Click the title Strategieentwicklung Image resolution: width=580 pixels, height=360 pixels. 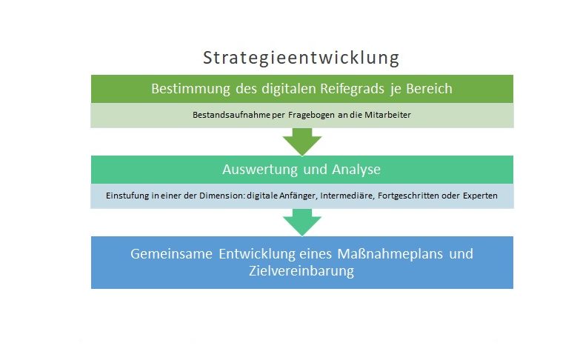click(x=301, y=58)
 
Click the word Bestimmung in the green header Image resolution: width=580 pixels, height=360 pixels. click(x=190, y=89)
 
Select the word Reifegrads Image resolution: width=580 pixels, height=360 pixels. click(x=352, y=89)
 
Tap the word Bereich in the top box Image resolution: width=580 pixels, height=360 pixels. click(x=429, y=88)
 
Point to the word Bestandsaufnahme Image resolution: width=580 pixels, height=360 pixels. click(x=231, y=115)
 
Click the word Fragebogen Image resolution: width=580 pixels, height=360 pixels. click(x=311, y=115)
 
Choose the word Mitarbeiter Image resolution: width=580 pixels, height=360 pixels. click(x=387, y=115)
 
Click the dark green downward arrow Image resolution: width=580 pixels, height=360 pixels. click(x=302, y=141)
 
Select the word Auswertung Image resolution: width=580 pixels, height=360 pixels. click(x=260, y=170)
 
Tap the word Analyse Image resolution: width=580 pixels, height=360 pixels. click(x=356, y=170)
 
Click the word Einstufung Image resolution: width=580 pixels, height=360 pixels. click(x=127, y=196)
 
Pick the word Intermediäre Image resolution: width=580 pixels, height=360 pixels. click(x=347, y=196)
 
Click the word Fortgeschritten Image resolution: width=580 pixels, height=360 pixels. click(x=408, y=196)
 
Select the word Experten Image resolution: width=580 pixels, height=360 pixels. click(x=480, y=196)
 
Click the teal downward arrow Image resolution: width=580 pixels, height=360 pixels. click(x=302, y=222)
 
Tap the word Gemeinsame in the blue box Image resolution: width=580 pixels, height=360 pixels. click(x=171, y=254)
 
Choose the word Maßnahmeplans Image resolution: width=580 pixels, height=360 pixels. click(x=390, y=254)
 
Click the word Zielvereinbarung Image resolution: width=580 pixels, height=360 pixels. click(x=301, y=271)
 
